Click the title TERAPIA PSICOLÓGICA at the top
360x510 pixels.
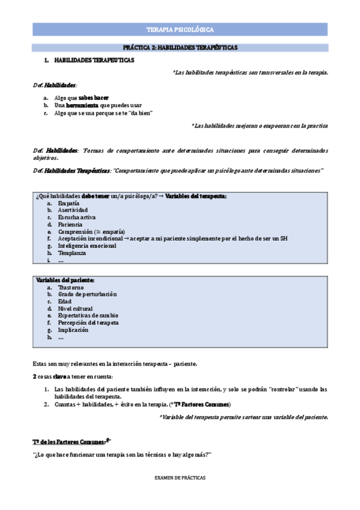(180, 29)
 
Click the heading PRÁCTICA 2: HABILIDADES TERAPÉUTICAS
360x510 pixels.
(180, 46)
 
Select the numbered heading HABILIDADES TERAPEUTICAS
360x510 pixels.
(94, 61)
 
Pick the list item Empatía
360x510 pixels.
(69, 203)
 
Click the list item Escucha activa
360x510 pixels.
(76, 217)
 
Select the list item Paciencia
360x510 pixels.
(70, 224)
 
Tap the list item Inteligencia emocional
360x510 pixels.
(87, 245)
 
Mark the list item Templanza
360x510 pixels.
(71, 253)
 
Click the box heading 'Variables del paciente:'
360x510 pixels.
(66, 280)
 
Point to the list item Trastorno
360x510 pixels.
(71, 287)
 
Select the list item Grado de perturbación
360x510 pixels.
(87, 295)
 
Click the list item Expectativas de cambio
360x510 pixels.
(88, 316)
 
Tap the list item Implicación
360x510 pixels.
(73, 330)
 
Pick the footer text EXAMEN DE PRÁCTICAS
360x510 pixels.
(180, 477)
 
